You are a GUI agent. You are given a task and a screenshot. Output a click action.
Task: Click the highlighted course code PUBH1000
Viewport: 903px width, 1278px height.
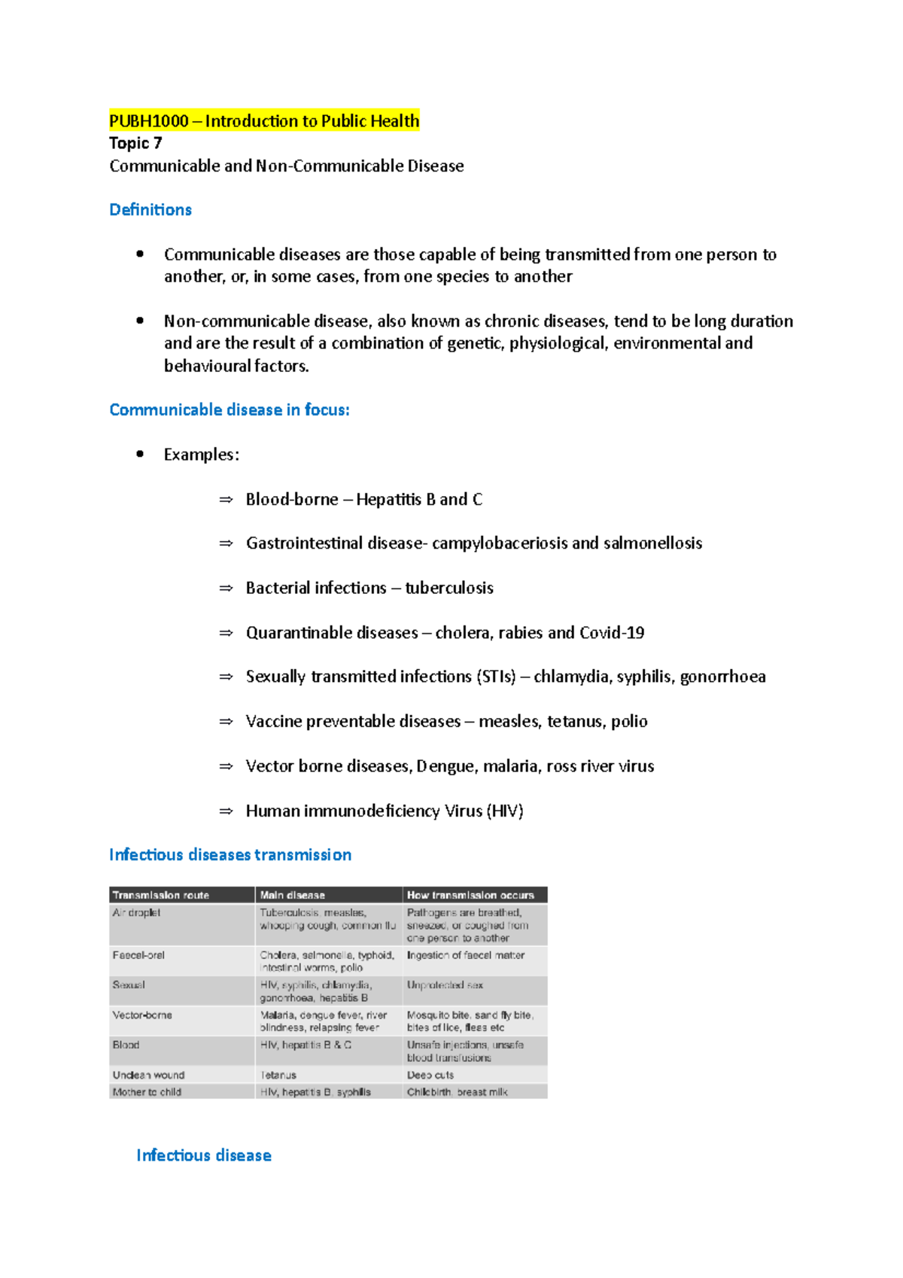[x=148, y=121]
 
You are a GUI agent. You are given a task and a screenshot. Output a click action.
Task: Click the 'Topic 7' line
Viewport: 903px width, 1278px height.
[x=135, y=143]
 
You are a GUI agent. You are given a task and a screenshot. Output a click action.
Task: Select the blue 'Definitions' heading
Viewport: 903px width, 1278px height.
[x=150, y=210]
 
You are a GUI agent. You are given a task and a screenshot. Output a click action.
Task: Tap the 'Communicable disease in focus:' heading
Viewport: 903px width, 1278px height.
[x=230, y=410]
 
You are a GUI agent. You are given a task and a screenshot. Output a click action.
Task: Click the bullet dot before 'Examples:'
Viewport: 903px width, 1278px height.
[x=140, y=454]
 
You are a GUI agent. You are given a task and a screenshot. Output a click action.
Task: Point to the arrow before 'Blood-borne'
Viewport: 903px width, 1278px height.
[x=226, y=500]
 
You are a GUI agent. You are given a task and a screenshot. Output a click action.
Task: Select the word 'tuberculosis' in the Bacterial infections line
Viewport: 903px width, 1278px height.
[x=449, y=588]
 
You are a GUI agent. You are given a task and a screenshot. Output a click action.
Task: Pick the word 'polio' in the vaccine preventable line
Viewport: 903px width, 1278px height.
[x=629, y=722]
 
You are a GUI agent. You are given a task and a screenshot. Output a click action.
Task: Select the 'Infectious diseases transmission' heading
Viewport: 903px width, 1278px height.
[x=230, y=855]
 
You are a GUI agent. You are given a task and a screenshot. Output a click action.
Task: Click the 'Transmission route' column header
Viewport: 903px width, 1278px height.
[x=161, y=895]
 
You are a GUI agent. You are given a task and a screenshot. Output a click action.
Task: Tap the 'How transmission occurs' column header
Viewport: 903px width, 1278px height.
[x=470, y=895]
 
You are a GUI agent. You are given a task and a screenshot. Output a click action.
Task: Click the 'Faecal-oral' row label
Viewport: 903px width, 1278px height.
[x=138, y=955]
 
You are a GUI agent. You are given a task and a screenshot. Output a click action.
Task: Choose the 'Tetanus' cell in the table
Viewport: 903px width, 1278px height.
[x=278, y=1075]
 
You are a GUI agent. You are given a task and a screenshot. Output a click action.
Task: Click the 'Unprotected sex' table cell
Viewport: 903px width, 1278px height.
[x=445, y=985]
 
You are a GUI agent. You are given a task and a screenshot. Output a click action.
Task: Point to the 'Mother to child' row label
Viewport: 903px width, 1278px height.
[x=147, y=1092]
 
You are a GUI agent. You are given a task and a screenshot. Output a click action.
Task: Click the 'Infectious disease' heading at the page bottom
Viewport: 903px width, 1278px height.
[x=204, y=1155]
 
